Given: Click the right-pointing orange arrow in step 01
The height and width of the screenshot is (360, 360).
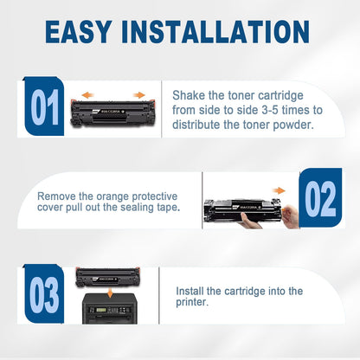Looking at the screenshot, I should point(138,96).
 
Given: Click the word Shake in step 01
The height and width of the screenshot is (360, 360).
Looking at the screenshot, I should point(188,94).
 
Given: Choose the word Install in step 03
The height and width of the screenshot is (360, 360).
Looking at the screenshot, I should point(191,292).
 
